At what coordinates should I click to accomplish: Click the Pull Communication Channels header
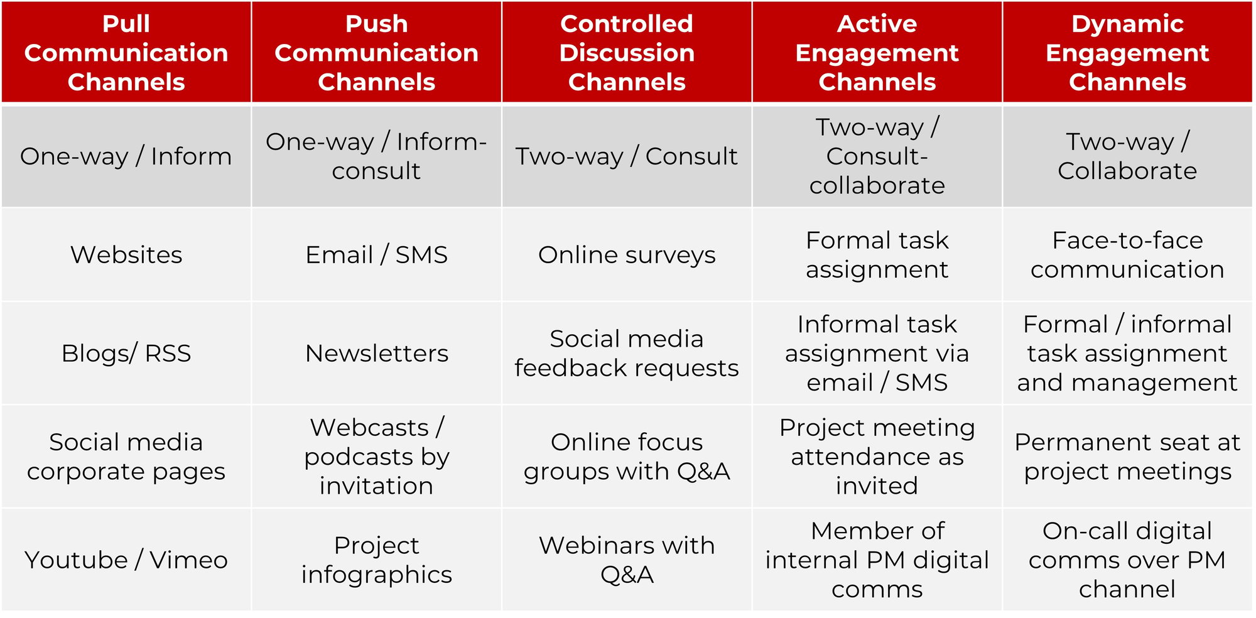coord(126,53)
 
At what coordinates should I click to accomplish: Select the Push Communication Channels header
coord(376,53)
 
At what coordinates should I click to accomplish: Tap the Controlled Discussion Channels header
coord(627,53)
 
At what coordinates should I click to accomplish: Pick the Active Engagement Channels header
coord(877,53)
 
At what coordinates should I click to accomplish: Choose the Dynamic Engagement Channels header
coord(1127,53)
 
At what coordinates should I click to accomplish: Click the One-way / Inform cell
coord(126,156)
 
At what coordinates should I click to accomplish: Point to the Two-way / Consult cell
coord(627,156)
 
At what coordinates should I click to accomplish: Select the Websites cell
coord(126,255)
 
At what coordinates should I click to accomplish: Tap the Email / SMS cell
coord(376,255)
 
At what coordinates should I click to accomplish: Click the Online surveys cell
coord(627,255)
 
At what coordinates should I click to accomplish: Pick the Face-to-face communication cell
coord(1127,255)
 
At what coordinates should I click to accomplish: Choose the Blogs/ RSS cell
coord(126,354)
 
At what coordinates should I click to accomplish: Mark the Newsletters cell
coord(376,354)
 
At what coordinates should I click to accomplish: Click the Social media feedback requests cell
coord(627,354)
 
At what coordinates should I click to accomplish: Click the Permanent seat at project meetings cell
coord(1127,457)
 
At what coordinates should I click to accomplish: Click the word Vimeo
coord(188,560)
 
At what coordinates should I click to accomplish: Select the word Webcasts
coord(369,428)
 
